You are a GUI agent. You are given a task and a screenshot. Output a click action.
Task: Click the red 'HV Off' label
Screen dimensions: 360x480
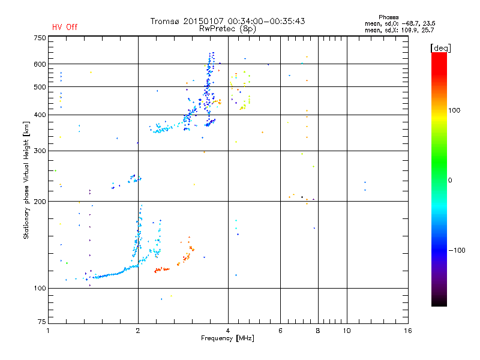[x=65, y=27]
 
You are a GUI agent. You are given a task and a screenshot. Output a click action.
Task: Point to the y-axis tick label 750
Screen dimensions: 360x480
[x=40, y=38]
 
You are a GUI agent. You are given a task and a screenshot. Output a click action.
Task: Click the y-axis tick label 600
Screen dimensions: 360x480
[x=40, y=64]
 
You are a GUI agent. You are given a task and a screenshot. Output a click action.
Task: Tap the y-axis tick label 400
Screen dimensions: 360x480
[x=40, y=115]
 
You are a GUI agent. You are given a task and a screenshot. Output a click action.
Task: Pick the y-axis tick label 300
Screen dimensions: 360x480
[x=40, y=151]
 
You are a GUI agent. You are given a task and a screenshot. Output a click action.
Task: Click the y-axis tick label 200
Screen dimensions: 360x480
[x=40, y=201]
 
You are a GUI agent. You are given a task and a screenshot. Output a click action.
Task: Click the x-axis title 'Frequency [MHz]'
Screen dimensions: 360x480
[x=228, y=339]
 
